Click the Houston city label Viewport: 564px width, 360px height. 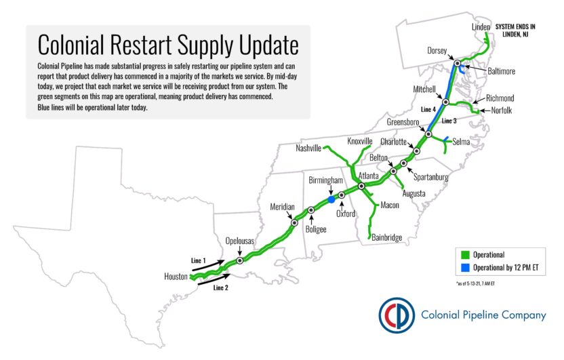tap(176, 277)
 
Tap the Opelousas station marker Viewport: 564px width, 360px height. tap(240, 260)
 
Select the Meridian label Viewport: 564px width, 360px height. tap(283, 206)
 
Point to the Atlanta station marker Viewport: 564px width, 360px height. tap(362, 186)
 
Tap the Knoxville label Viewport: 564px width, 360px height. tap(361, 141)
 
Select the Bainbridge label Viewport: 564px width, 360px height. tap(387, 237)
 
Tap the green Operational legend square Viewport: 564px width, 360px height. tap(465, 255)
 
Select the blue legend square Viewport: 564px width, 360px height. tap(465, 268)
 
